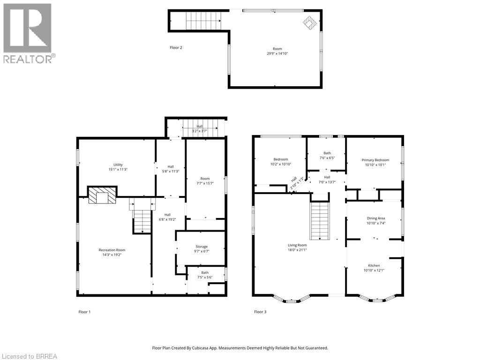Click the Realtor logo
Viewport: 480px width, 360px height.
(28, 33)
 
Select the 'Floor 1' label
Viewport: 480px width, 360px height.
(84, 312)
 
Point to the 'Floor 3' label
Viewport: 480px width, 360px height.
(260, 312)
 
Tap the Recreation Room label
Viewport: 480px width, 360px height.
(112, 250)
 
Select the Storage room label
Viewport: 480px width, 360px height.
(202, 247)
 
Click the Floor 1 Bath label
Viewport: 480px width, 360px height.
(205, 272)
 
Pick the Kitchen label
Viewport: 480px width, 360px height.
(374, 265)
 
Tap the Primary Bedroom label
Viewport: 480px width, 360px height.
(375, 160)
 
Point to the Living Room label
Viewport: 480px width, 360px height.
(297, 245)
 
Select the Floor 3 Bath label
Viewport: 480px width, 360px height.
(327, 153)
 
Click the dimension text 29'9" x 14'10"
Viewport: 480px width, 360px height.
(274, 53)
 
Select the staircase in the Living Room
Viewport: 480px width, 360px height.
(321, 220)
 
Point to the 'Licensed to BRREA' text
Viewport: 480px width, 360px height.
(29, 356)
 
